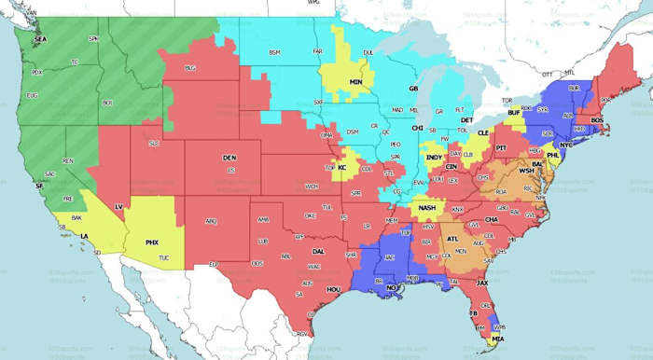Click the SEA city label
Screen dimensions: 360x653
tap(40, 40)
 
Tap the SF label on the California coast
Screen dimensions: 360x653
tap(39, 187)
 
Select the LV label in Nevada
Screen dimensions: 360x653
tap(118, 205)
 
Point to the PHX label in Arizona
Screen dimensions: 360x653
tap(152, 242)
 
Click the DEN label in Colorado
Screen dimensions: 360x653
tap(229, 159)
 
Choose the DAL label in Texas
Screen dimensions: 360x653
tap(319, 251)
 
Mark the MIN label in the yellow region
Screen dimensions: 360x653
tap(355, 82)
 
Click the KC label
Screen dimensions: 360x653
tap(341, 168)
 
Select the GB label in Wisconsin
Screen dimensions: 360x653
tap(412, 89)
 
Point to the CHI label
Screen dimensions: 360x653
tap(418, 128)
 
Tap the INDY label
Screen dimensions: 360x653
tap(434, 158)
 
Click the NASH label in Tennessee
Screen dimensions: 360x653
tap(427, 207)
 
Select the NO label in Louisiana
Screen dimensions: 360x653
tap(392, 288)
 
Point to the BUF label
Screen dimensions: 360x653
tap(513, 112)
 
